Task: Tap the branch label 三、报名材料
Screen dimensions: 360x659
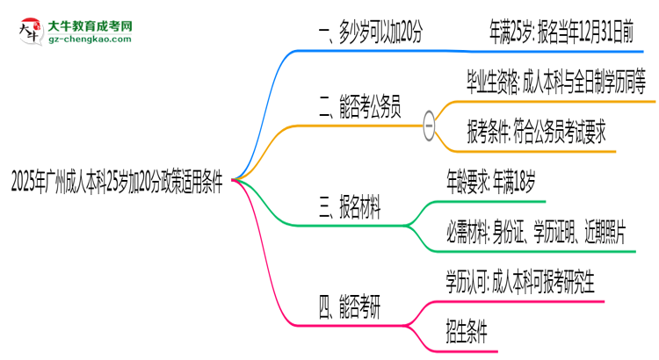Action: (x=351, y=208)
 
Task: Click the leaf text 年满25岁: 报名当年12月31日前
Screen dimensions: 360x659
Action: (x=561, y=33)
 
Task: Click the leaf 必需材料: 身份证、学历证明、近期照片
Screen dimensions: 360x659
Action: (x=535, y=233)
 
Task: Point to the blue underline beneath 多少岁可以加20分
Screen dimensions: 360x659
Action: (x=370, y=50)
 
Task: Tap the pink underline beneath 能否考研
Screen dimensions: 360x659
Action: (x=351, y=323)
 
